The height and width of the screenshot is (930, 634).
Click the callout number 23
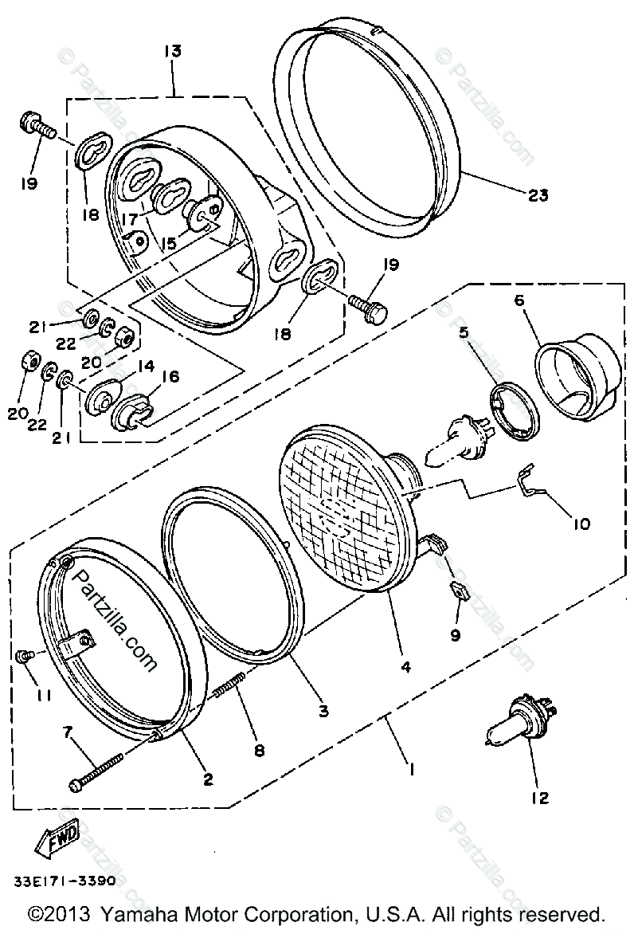[538, 194]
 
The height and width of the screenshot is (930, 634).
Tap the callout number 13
[172, 51]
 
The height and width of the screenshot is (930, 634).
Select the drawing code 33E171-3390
[64, 881]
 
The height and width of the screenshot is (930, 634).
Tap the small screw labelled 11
[24, 655]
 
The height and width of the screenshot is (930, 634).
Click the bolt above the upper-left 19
[36, 127]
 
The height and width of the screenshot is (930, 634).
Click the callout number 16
[170, 377]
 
